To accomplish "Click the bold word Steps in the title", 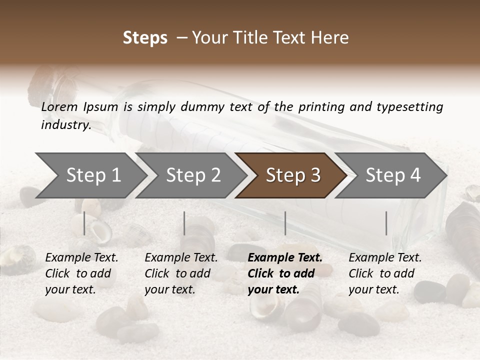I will pos(145,38).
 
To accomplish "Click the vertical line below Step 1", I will pos(84,223).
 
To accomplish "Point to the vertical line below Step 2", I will pos(184,223).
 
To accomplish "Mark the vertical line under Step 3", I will pos(285,223).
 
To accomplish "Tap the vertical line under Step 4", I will pos(386,223).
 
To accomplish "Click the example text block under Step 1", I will pos(81,273).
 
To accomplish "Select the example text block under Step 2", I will pos(181,273).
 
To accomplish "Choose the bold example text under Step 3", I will pos(284,273).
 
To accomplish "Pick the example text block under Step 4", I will pos(385,273).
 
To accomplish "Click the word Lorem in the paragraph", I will pos(59,106).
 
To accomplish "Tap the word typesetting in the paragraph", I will pos(409,106).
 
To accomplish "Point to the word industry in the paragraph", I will pos(65,124).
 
